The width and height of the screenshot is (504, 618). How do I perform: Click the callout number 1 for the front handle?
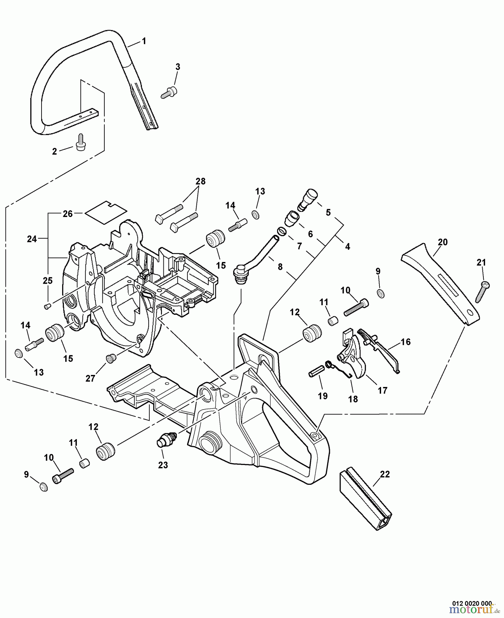(144, 41)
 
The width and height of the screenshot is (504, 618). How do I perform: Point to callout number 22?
(385, 474)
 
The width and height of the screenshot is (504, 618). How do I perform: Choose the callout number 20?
(443, 242)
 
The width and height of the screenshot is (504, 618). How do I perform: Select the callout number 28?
(201, 181)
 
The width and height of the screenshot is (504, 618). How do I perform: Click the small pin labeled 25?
(48, 306)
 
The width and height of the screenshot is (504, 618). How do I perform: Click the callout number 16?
(406, 342)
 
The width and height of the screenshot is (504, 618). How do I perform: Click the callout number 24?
(32, 239)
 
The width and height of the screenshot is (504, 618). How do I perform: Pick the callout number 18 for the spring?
(353, 399)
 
